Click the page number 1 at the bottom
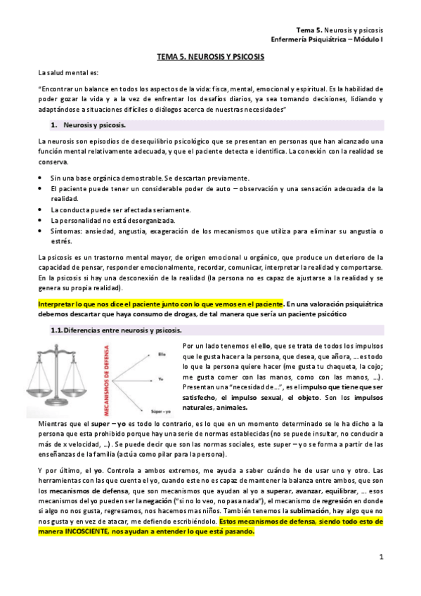tap(380, 557)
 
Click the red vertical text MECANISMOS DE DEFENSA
tap(108, 377)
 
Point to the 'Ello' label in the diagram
tap(160, 352)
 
